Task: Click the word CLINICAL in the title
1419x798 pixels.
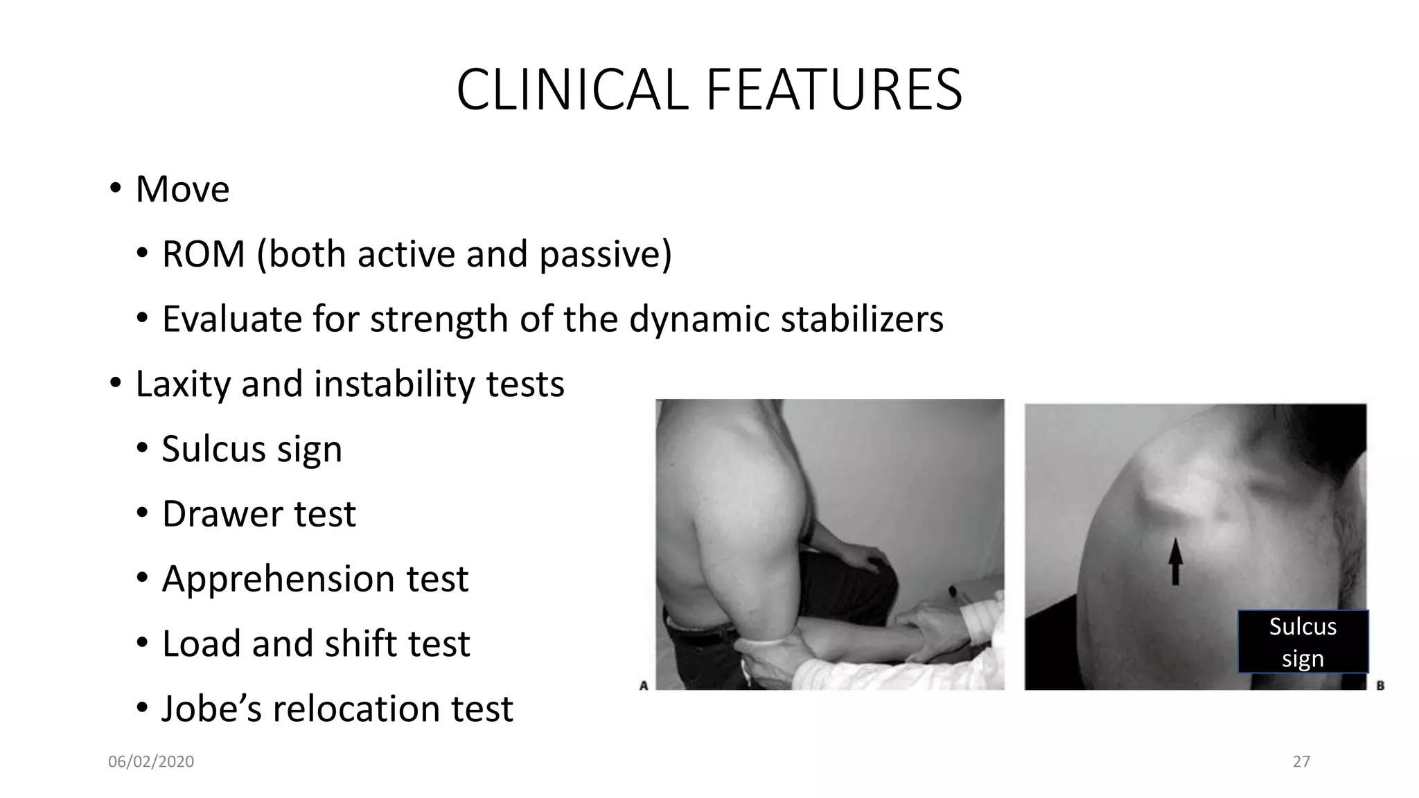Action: pos(572,90)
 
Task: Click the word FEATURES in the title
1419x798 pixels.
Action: pos(834,90)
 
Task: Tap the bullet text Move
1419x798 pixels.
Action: pos(182,189)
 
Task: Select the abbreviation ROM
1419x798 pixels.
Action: pos(204,254)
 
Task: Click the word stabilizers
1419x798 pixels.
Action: pos(862,319)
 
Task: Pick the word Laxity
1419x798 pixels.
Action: pos(183,384)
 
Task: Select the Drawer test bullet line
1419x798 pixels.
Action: pos(258,514)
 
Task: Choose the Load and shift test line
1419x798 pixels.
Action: pos(316,644)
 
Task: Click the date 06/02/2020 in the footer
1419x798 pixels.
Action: pos(151,762)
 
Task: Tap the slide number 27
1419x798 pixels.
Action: pos(1301,762)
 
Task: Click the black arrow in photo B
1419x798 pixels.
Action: pos(1175,562)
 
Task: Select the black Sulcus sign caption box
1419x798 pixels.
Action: pos(1303,642)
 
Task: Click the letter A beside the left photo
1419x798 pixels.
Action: pos(644,685)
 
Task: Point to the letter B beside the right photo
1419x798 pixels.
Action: pos(1380,685)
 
